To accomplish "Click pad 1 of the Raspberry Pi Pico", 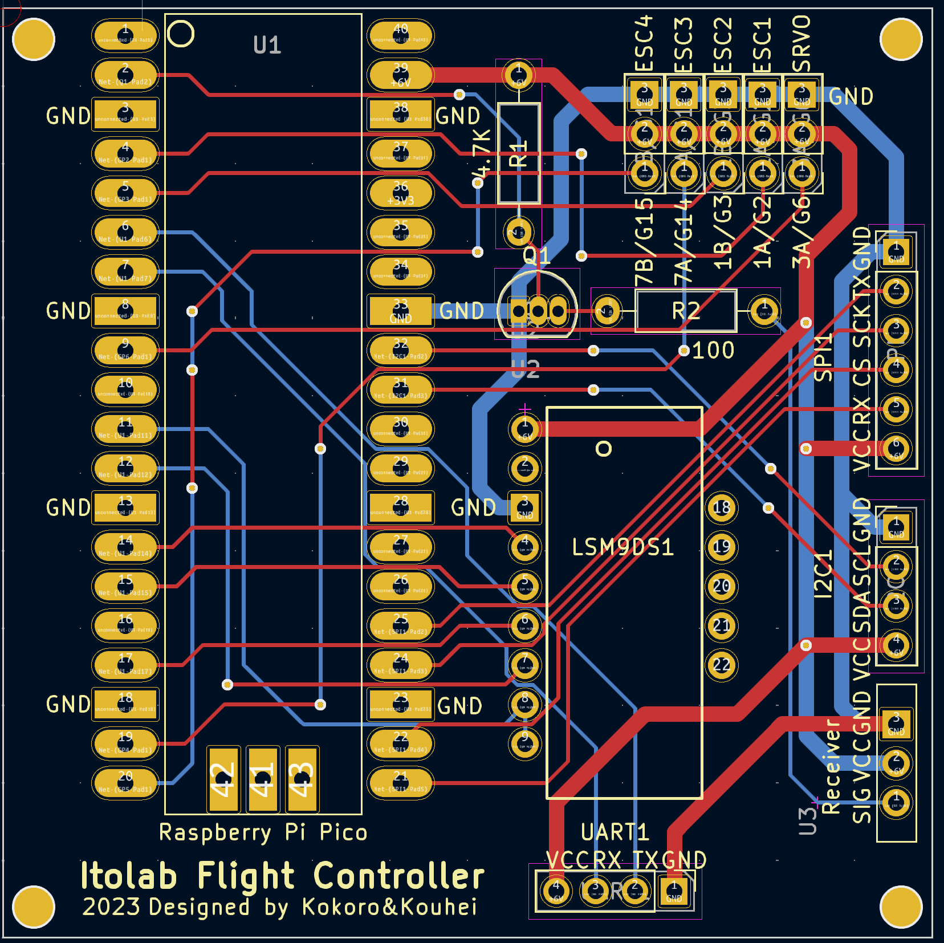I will (x=125, y=35).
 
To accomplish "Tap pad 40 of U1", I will (x=401, y=35).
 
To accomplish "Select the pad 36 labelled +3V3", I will (x=401, y=193).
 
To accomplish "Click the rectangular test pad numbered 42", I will (x=223, y=779).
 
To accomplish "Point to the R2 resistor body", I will (x=686, y=311).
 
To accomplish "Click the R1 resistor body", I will (x=518, y=153).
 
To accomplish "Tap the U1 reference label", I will (x=267, y=45).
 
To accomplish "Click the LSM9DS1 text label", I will (x=622, y=547).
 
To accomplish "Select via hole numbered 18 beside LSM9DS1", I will (x=722, y=507).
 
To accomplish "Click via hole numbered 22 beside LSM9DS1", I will (x=722, y=665).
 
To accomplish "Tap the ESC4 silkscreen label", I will (x=644, y=43).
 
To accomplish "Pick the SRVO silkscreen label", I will (x=801, y=43).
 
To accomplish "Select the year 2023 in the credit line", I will (x=111, y=907).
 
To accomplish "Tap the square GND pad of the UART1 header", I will (x=674, y=891).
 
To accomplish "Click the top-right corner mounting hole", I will (x=901, y=39).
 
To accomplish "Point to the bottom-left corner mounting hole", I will (x=33, y=907).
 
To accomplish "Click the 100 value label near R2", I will (x=713, y=350).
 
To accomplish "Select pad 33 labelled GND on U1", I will (x=401, y=311).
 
